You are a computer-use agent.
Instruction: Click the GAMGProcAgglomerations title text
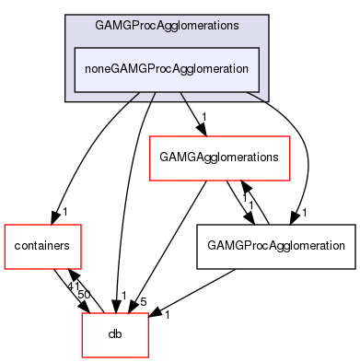166,25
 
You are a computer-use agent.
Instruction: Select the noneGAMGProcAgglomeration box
166,68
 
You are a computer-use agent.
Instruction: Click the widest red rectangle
220,158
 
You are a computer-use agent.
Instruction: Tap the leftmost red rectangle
42,247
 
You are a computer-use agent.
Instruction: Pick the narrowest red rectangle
115,335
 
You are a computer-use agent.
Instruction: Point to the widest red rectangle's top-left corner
150,136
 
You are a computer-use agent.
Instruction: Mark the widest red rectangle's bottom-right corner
290,181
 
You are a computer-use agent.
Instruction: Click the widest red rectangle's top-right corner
290,136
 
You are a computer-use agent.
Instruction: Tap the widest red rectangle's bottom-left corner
150,181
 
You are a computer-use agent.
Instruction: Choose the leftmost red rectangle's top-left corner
5,225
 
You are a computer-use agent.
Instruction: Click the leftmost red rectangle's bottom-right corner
81,269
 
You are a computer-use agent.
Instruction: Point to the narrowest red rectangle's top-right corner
148,313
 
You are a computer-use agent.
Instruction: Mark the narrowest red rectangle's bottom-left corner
82,357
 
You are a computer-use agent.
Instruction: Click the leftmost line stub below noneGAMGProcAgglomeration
134,96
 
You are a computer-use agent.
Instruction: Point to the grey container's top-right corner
268,15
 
